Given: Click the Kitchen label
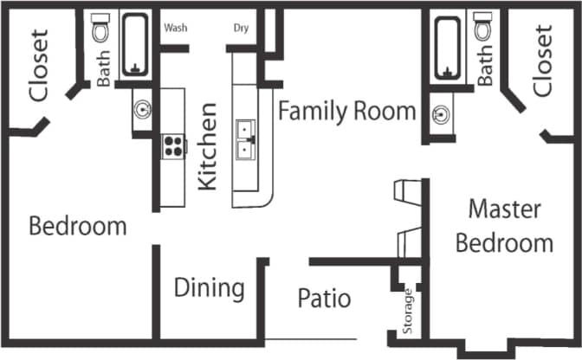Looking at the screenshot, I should tap(208, 146).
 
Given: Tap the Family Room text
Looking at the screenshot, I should tap(346, 112).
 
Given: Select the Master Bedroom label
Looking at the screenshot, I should tap(504, 225).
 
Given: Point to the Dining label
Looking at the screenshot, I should tap(209, 287).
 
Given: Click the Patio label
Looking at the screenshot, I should tap(324, 299).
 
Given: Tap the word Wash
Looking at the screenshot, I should tap(176, 28).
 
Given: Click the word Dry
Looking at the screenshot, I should tap(242, 28).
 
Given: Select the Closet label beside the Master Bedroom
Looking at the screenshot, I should tap(542, 61).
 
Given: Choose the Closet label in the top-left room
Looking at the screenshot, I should tap(39, 65).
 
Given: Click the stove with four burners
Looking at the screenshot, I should tap(173, 146).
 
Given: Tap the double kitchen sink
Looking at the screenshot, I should tap(249, 141).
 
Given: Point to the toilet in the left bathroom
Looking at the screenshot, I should tap(100, 30).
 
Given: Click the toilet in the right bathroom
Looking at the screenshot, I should tap(484, 28).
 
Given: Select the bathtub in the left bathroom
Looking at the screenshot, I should tap(135, 43).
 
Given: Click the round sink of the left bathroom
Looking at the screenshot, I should tap(143, 110).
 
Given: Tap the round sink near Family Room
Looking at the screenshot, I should tap(442, 112).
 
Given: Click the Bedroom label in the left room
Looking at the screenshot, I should tap(77, 227).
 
